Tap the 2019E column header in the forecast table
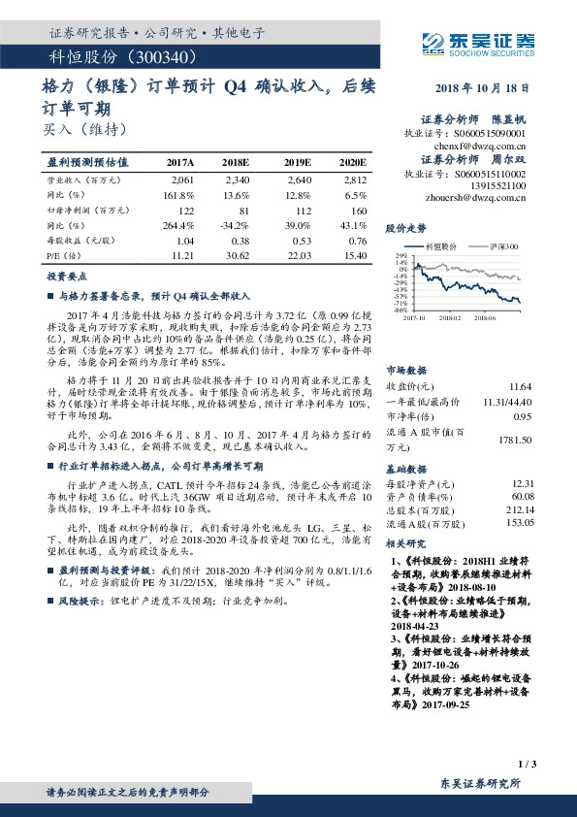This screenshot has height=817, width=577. (x=298, y=162)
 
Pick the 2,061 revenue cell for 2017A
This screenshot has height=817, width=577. (x=182, y=180)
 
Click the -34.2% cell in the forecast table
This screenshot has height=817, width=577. (x=238, y=223)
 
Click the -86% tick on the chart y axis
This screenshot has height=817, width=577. (x=401, y=310)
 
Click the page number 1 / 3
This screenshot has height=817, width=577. (x=528, y=765)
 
